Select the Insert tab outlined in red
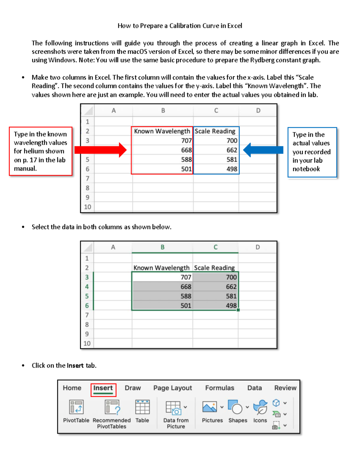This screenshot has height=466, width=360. point(103,388)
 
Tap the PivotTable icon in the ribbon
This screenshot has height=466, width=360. point(76,407)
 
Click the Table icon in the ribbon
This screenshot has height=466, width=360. point(142,407)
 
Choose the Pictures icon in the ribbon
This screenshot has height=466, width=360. point(210,407)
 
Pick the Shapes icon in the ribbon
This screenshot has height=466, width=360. point(235,407)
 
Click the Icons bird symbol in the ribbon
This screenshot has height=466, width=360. point(260,407)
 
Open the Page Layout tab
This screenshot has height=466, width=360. point(172,388)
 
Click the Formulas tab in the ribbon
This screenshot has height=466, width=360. point(220,388)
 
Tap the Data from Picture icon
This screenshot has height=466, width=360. point(174,408)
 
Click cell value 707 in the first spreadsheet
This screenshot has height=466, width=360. point(186,141)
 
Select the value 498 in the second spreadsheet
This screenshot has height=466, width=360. point(231,305)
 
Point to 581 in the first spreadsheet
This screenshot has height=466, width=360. point(232,160)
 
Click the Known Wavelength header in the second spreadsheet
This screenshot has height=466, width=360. point(161,268)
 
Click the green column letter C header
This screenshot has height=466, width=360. point(215,247)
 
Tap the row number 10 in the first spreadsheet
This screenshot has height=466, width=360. point(87,207)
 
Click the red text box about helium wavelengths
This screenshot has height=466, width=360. point(40,151)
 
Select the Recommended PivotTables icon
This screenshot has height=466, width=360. point(112,407)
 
